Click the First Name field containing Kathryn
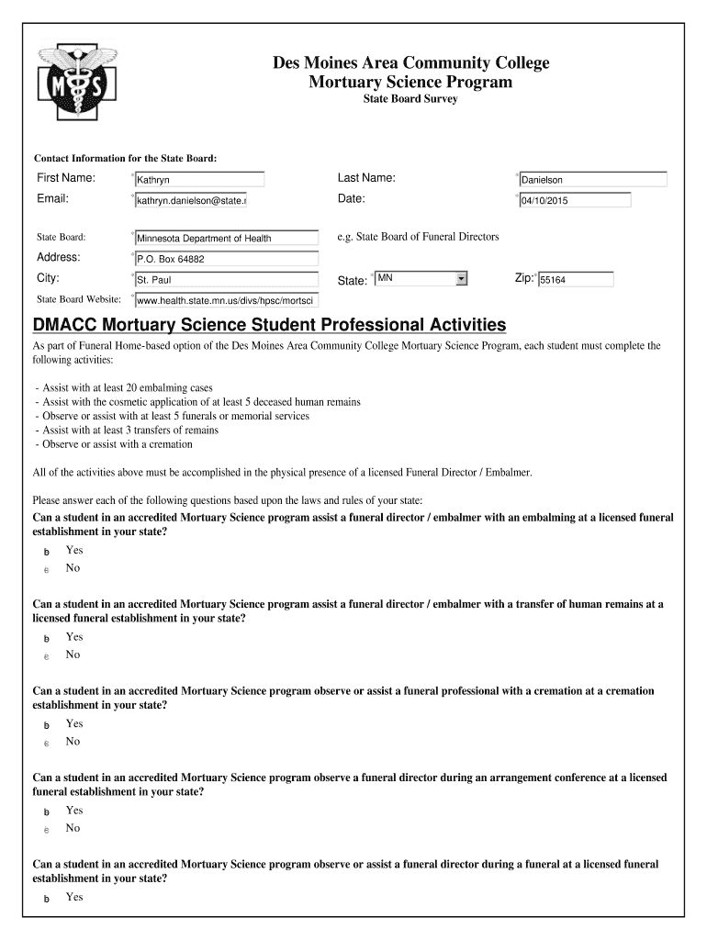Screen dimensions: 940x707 point(198,180)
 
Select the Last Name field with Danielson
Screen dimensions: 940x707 point(592,180)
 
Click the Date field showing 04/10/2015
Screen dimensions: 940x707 point(575,200)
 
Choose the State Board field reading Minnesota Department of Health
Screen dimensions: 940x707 point(226,238)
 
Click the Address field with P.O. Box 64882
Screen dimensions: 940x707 point(226,259)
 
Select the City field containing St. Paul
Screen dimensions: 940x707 point(226,279)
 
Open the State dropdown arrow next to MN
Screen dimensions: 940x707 point(461,278)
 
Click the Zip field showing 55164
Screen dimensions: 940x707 point(576,280)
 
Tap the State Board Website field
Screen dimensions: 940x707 point(226,300)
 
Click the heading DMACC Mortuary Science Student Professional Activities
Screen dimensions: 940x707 point(269,325)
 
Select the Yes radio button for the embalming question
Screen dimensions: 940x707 point(46,552)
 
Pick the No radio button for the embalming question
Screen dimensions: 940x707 point(46,570)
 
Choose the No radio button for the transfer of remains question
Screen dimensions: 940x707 point(46,656)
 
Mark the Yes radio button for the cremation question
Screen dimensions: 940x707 point(46,725)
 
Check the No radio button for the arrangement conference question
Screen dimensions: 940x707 point(46,830)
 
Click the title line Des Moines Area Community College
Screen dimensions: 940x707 point(410,63)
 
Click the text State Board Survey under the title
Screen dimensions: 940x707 point(410,99)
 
